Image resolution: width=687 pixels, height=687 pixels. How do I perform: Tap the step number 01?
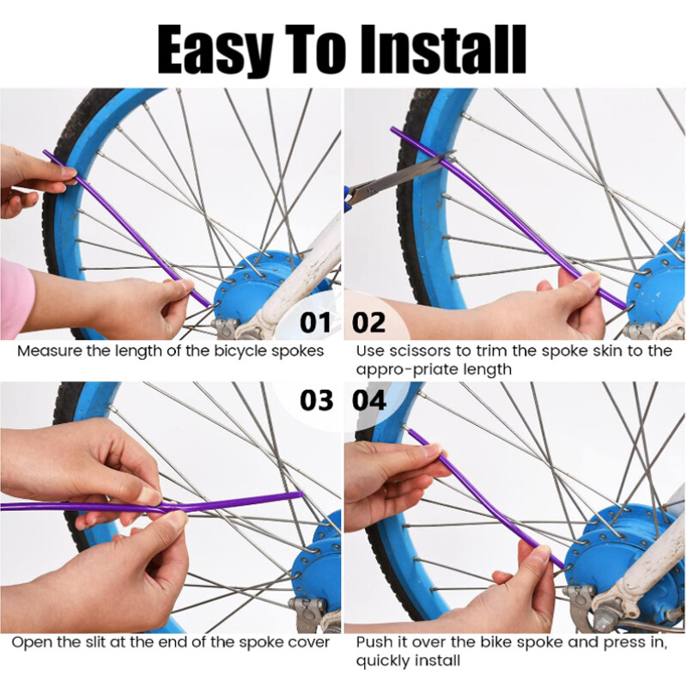pos(315,323)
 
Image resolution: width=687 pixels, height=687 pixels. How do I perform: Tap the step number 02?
pos(369,323)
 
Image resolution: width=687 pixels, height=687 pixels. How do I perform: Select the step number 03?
pos(315,400)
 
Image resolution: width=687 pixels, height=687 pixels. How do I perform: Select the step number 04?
pos(369,400)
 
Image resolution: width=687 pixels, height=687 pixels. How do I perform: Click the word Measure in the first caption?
pos(46,351)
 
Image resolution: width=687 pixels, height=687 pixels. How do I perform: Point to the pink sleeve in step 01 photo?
pos(15,296)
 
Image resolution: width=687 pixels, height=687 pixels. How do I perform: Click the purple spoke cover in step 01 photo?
pos(129,228)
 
